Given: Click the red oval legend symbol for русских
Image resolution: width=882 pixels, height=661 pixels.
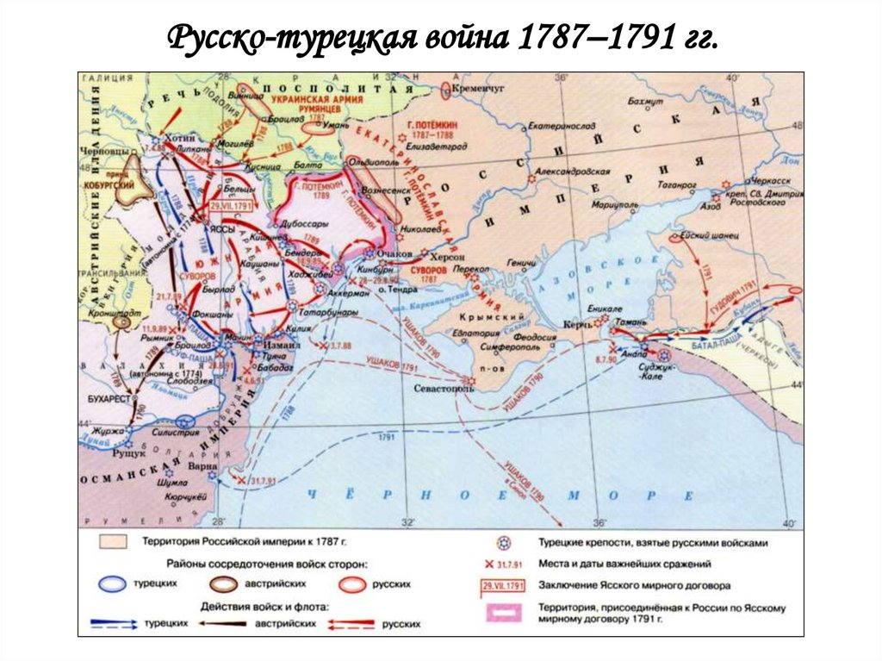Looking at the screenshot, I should point(350,583).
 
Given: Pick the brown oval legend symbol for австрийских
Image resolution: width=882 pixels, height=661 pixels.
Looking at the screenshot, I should point(227,583).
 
